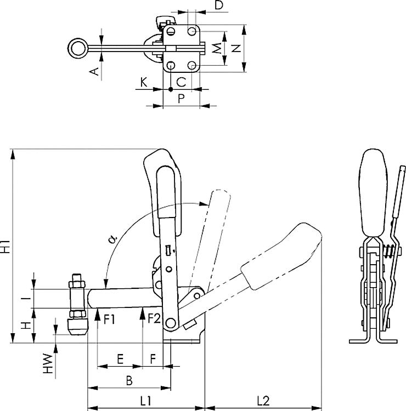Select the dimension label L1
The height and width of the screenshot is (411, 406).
pos(145,401)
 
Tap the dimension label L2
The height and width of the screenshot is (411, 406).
pos(262,401)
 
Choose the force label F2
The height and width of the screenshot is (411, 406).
pos(154,319)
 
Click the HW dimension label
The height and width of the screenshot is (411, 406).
pos(49,364)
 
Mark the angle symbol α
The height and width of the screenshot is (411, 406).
pos(112,239)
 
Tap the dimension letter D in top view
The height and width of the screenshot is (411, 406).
pos(218,6)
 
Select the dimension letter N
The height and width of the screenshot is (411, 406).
pos(236,48)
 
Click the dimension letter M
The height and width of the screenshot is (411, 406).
pos(218,48)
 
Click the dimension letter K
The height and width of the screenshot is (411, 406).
pos(144,82)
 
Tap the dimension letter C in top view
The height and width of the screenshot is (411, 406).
pos(181,82)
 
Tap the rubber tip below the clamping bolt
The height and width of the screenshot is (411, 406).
pos(77,327)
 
